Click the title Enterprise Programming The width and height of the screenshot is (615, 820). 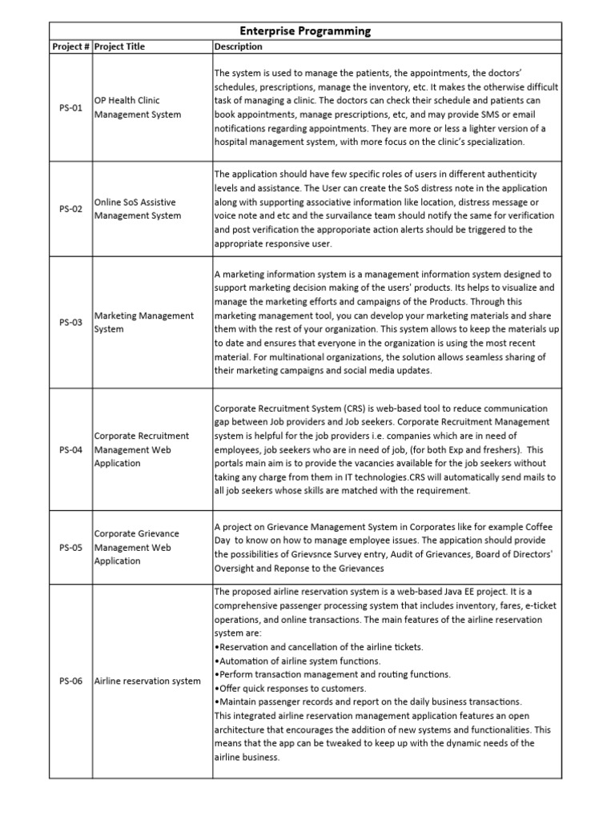pyautogui.click(x=312, y=31)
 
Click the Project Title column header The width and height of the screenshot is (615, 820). pyautogui.click(x=120, y=47)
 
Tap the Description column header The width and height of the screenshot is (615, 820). pyautogui.click(x=238, y=47)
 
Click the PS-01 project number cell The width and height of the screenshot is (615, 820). pyautogui.click(x=71, y=107)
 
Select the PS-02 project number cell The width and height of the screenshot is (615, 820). pyautogui.click(x=71, y=209)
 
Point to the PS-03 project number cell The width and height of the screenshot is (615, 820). pyautogui.click(x=71, y=322)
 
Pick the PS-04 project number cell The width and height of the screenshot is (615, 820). pyautogui.click(x=71, y=449)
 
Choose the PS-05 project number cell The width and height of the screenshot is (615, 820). pyautogui.click(x=71, y=547)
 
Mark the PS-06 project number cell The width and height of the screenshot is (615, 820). pyautogui.click(x=71, y=681)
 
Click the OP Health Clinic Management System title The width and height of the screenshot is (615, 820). pyautogui.click(x=138, y=107)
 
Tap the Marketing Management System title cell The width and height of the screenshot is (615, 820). pyautogui.click(x=144, y=322)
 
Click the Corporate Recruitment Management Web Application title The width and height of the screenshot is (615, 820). pyautogui.click(x=142, y=449)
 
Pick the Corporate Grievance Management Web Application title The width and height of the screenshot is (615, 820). pyautogui.click(x=138, y=547)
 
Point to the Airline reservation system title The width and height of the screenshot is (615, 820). pyautogui.click(x=147, y=681)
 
